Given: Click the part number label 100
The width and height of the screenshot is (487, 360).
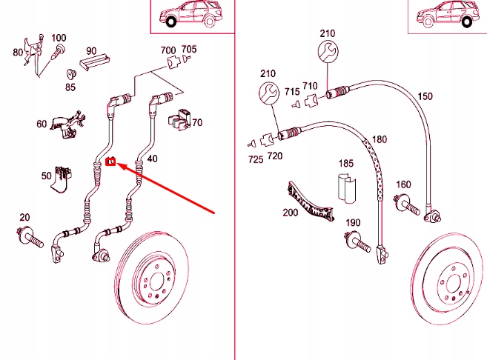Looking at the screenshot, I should coord(59,38).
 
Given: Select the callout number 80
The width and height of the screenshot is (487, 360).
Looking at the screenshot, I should coord(18,53).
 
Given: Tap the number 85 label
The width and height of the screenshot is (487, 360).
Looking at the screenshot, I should coord(70,87).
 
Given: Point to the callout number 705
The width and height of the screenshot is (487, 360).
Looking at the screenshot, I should coord(190,50).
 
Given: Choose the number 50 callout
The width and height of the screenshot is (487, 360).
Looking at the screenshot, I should coord(46,176).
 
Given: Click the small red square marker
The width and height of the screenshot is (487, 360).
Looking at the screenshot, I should coord(111,161).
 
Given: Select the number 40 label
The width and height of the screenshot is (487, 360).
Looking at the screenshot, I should coord(152,159).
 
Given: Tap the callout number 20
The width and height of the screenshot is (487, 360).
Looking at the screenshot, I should coord(24,217).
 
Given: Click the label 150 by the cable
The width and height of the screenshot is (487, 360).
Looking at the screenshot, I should coord(425,96).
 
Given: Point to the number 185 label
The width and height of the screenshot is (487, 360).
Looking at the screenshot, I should coord(345,162).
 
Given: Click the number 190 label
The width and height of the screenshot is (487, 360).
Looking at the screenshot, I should coord(353,223).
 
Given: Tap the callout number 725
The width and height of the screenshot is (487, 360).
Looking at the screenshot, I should coord(256,160).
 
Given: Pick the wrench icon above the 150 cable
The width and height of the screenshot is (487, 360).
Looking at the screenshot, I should coord(328,52).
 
